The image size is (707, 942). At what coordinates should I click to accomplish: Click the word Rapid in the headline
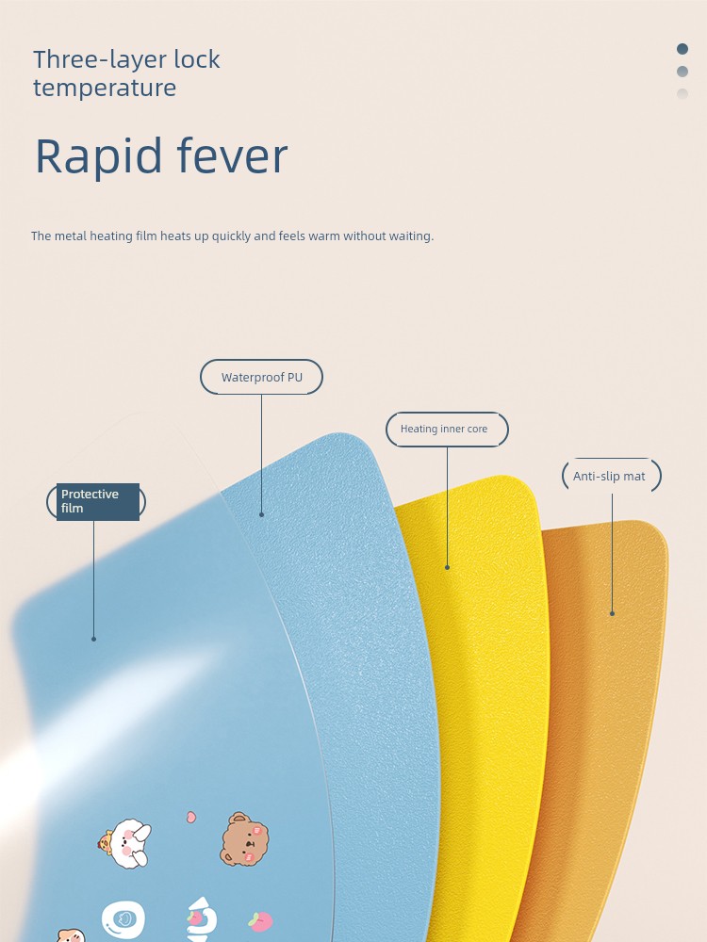click(99, 156)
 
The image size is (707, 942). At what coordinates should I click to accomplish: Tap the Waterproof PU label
click(261, 378)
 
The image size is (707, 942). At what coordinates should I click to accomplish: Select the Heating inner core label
click(447, 429)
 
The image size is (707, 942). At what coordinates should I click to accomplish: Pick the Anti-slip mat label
click(612, 476)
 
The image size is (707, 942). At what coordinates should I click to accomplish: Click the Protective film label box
click(97, 502)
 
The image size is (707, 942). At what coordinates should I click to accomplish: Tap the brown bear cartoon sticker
click(243, 839)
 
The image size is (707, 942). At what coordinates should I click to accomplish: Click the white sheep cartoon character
click(126, 843)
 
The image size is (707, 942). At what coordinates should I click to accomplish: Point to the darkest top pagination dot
click(682, 49)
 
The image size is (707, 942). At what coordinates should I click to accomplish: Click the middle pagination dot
click(682, 72)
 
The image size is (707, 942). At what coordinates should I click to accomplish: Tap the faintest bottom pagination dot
click(682, 93)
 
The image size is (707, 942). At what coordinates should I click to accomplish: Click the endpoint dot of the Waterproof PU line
click(261, 515)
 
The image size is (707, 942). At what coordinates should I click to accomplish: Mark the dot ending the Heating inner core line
click(447, 567)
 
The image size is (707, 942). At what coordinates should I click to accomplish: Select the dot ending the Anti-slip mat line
click(612, 613)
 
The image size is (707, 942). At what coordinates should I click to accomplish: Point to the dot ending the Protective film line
click(93, 639)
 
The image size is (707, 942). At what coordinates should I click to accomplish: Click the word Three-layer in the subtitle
click(100, 60)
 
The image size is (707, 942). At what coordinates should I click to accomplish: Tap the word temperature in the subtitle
click(105, 89)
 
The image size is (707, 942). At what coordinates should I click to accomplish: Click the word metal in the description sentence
click(71, 236)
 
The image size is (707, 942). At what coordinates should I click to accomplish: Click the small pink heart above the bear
click(190, 817)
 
